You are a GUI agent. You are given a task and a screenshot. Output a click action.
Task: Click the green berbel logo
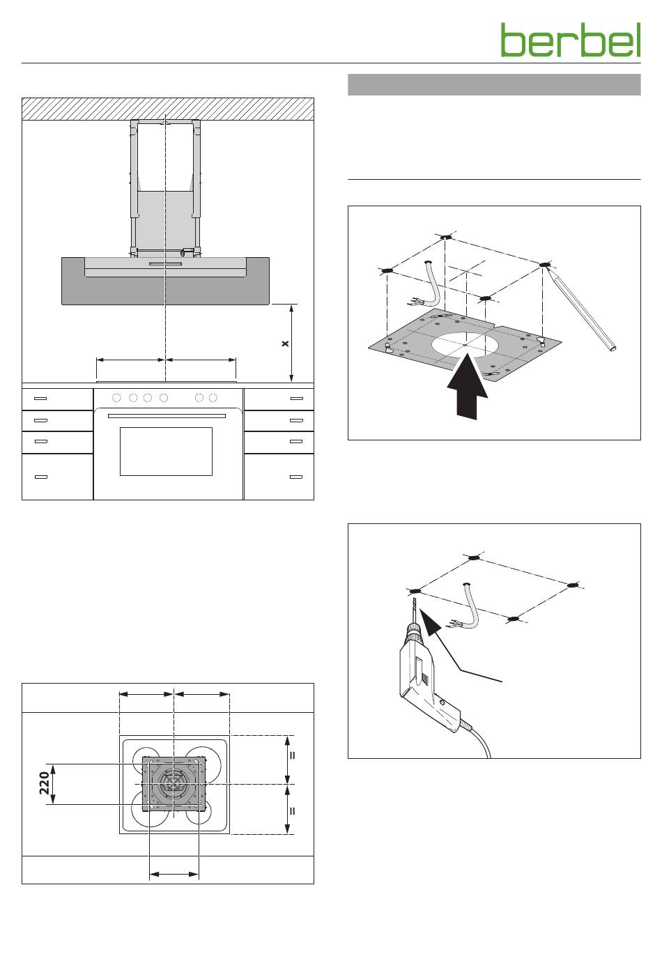pyautogui.click(x=570, y=40)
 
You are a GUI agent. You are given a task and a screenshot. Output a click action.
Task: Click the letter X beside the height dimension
pyautogui.click(x=286, y=344)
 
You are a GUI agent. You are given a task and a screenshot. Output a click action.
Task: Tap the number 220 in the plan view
pyautogui.click(x=45, y=784)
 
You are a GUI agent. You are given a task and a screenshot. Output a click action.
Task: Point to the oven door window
pyautogui.click(x=166, y=452)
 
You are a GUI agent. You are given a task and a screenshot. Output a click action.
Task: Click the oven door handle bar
pyautogui.click(x=167, y=415)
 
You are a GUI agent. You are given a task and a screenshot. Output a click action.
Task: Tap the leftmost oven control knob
pyautogui.click(x=116, y=398)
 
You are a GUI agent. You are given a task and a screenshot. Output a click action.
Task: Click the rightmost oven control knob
pyautogui.click(x=213, y=398)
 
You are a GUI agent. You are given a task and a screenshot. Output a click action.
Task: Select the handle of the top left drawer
pyautogui.click(x=40, y=399)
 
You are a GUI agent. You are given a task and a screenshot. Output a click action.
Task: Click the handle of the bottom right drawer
pyautogui.click(x=295, y=477)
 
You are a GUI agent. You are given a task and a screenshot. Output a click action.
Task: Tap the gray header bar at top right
pyautogui.click(x=494, y=85)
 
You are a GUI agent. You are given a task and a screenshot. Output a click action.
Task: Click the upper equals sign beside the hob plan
pyautogui.click(x=292, y=755)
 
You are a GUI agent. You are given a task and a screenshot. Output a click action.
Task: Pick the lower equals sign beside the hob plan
pyautogui.click(x=292, y=811)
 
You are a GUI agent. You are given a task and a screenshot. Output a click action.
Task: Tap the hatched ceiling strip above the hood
pyautogui.click(x=168, y=109)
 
